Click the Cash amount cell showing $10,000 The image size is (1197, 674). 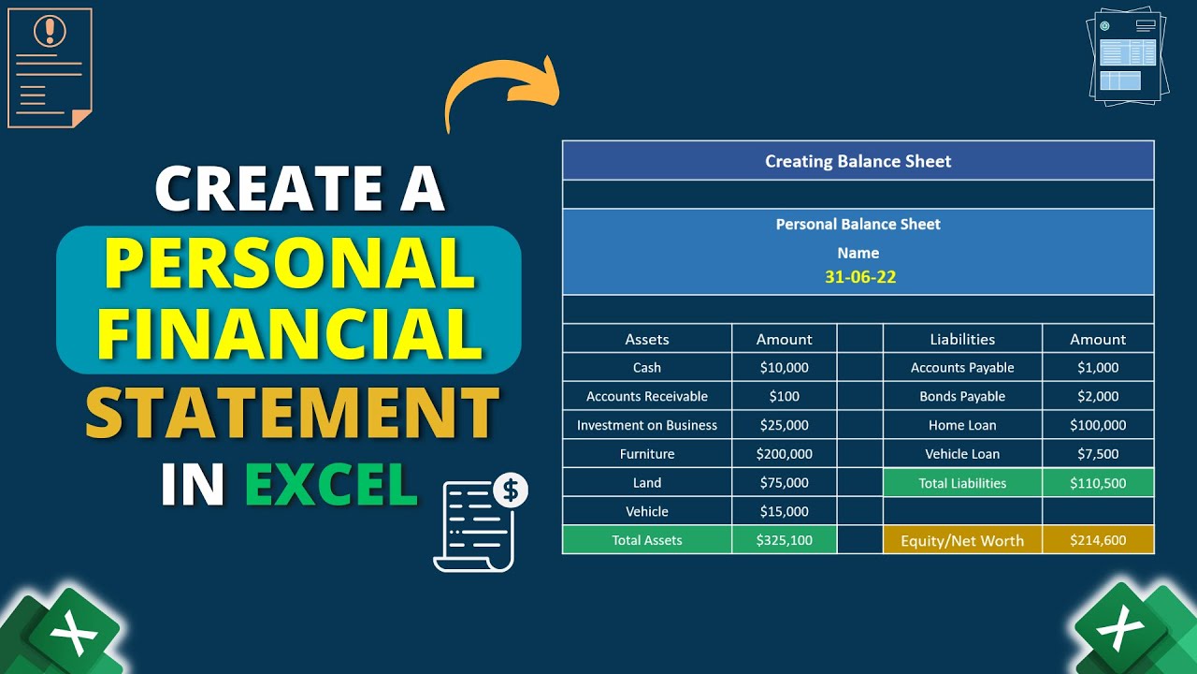coord(784,368)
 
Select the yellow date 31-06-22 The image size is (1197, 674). coord(858,277)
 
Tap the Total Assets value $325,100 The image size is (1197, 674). coord(784,540)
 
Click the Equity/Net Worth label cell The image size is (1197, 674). coord(961,540)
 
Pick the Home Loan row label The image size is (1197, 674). coord(961,425)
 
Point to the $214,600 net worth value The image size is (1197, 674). coord(1098,540)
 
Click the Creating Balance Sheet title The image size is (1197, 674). coord(858,161)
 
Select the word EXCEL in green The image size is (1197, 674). coord(330,484)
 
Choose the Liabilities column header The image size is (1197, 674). coord(961,339)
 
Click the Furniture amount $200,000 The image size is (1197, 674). coord(784,454)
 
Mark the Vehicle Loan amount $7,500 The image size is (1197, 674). coord(1098,454)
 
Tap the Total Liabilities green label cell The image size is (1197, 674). coord(961,483)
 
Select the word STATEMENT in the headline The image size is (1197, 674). coord(292,413)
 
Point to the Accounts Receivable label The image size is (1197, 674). coord(646,397)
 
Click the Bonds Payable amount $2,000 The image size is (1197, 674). coord(1098,397)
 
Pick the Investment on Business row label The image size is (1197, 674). coord(646,425)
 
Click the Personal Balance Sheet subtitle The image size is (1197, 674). coord(858,225)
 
